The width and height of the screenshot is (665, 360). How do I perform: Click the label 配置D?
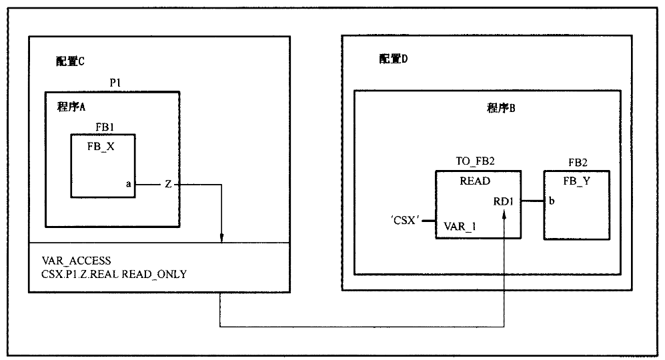coord(394,59)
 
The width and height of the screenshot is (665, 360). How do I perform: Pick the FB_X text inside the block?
coord(101,147)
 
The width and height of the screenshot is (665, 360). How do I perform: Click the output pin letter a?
coord(128,185)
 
